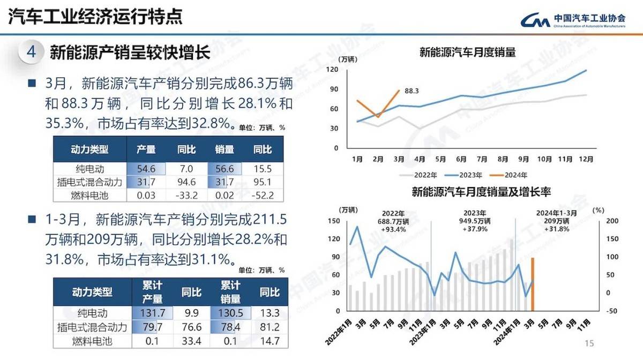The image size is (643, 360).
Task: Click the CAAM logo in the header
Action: point(573,19)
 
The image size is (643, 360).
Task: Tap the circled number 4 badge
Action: point(31,52)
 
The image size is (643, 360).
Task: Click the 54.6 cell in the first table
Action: point(146,169)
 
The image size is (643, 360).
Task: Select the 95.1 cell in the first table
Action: point(263,182)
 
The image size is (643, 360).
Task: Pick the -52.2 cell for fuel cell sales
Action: point(263,195)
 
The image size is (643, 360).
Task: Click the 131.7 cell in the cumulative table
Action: point(146,313)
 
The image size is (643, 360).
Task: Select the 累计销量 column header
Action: point(230,292)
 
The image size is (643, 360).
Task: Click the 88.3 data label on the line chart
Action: point(412,91)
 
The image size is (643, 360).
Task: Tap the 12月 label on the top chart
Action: point(586,159)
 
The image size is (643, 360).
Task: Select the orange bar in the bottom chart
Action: point(533,284)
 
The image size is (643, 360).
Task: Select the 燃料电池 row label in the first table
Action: point(89,196)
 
